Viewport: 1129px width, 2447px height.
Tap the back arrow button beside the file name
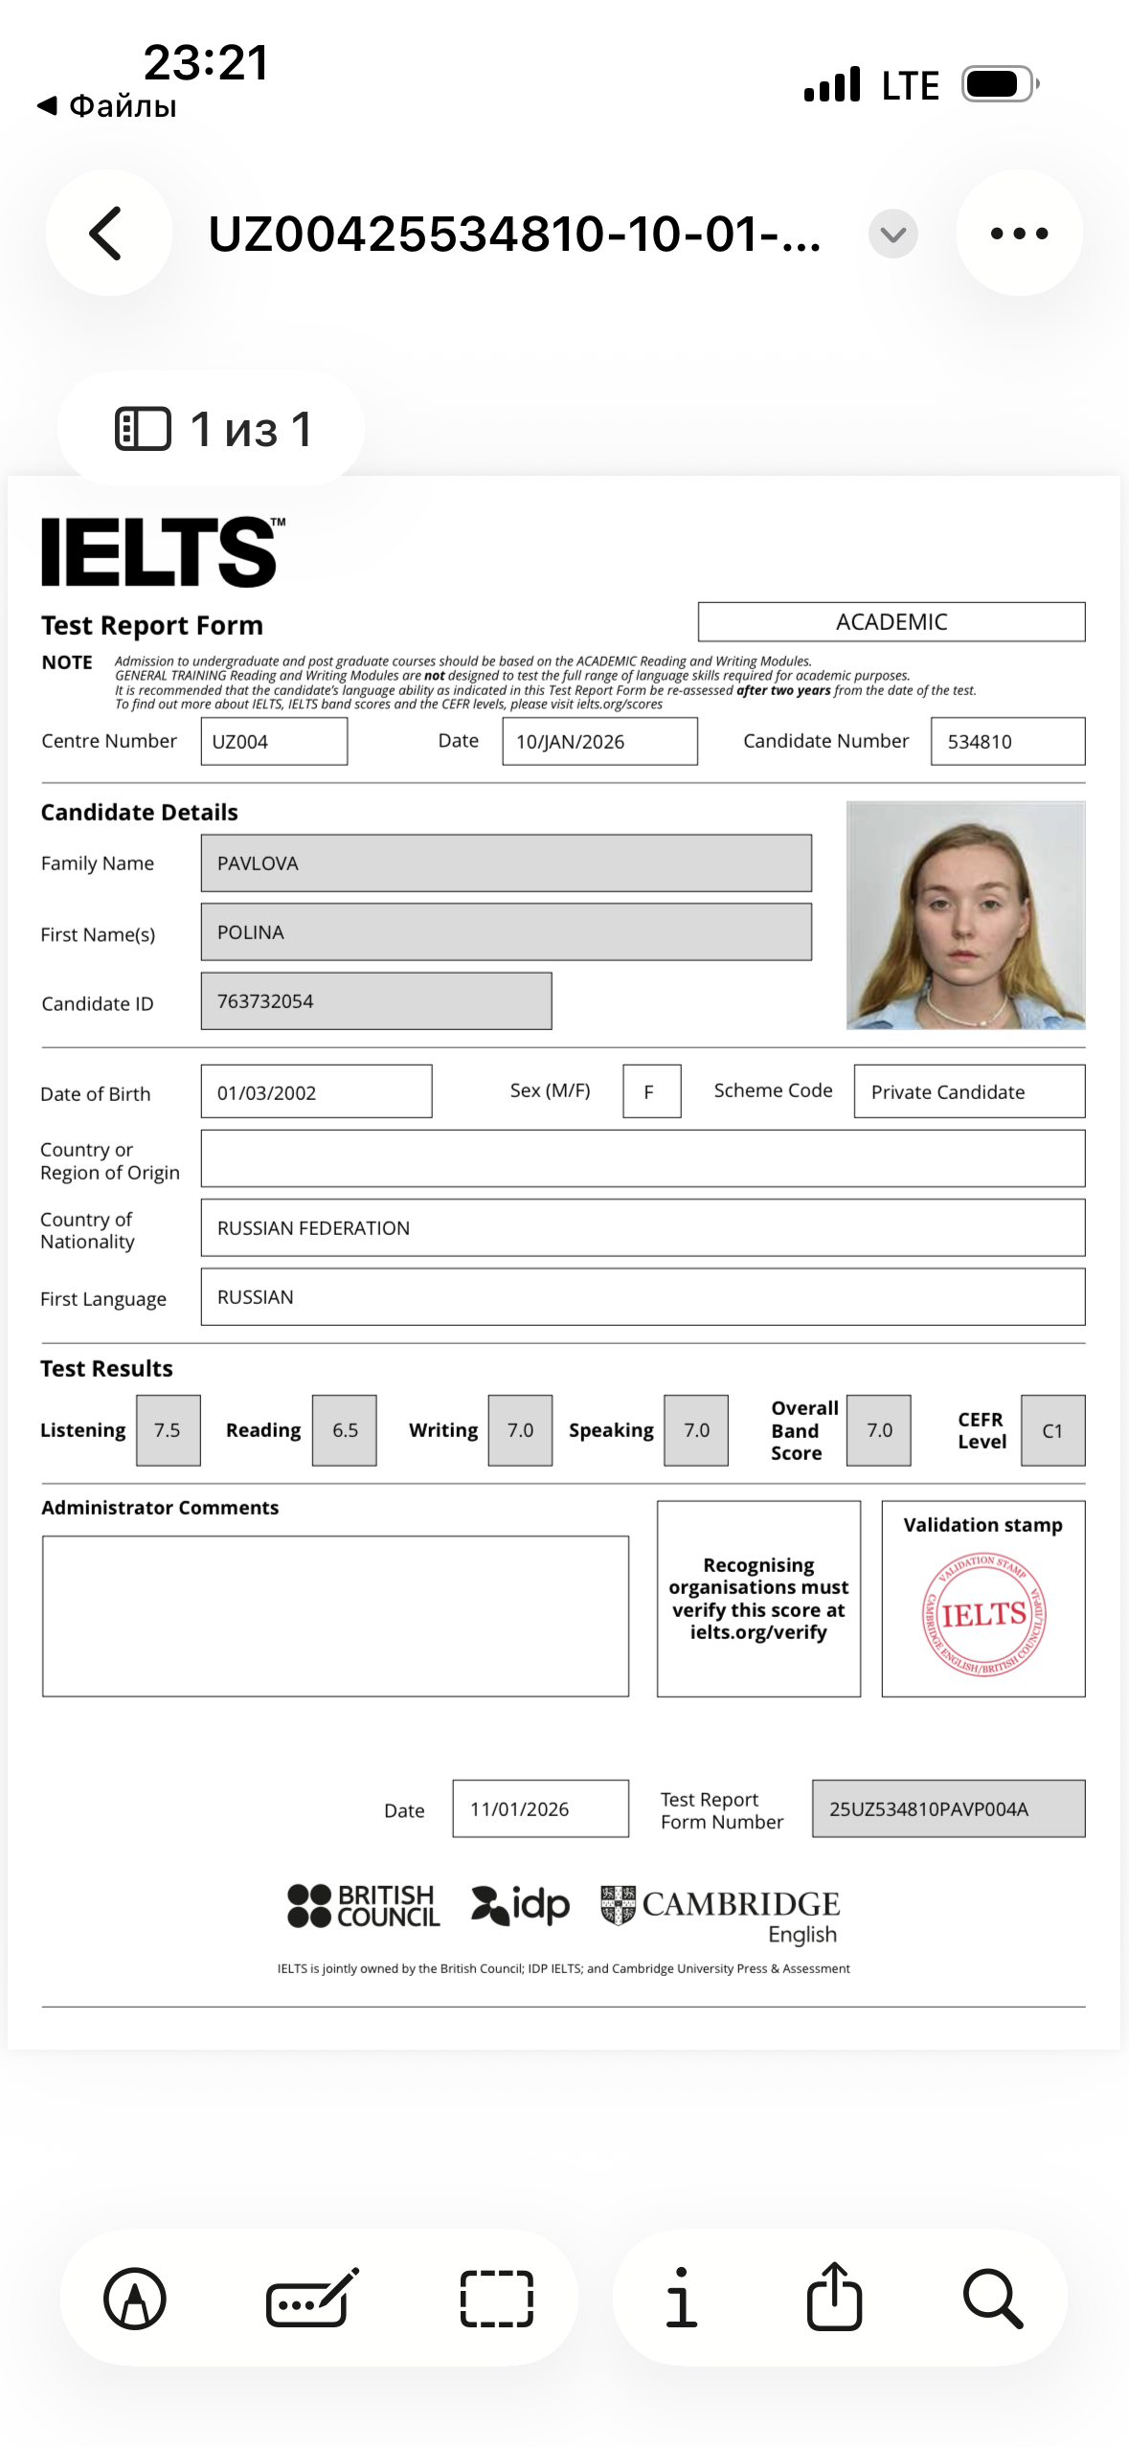pos(107,233)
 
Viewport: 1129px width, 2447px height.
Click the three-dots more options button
pos(1019,233)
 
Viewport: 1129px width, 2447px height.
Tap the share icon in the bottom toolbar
pos(834,2298)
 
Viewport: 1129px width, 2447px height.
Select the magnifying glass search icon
pos(993,2298)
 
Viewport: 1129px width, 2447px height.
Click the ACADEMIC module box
pos(891,622)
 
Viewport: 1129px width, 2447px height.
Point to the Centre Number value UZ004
pos(240,742)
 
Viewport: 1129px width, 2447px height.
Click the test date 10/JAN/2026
pos(571,742)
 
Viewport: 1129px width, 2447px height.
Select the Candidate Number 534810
pos(980,742)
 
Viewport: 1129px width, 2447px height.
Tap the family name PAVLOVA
pos(259,864)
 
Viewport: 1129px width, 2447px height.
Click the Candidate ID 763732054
pos(265,1001)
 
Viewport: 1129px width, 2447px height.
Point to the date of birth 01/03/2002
pos(267,1092)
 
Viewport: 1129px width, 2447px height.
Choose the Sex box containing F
pos(650,1091)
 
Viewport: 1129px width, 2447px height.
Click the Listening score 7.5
pos(168,1430)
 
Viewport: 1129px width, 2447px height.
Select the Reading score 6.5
pos(345,1430)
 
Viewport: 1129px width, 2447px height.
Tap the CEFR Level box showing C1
pos(1052,1431)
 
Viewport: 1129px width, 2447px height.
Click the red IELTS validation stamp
pos(983,1615)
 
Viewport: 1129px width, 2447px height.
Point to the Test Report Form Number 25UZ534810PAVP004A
pos(929,1809)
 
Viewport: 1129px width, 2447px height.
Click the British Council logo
pos(364,1905)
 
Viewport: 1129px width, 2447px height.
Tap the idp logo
pos(521,1905)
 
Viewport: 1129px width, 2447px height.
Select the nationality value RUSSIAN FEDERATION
pos(314,1228)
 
